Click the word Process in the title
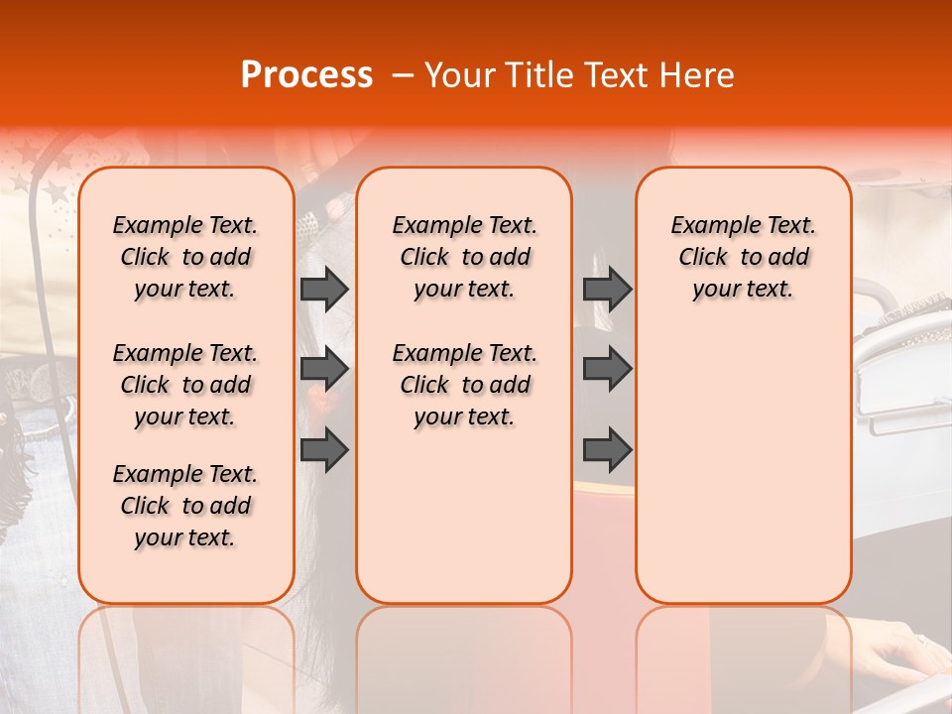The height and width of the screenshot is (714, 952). (x=306, y=75)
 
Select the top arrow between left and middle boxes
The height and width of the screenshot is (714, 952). (x=324, y=289)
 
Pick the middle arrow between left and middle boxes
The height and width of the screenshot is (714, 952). (x=324, y=369)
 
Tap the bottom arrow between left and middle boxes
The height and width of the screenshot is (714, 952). (x=324, y=449)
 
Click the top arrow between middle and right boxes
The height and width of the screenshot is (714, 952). (x=607, y=289)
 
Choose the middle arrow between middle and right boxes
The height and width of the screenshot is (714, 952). (x=607, y=369)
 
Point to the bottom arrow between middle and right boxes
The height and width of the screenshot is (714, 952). (x=607, y=449)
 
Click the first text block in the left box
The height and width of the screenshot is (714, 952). (x=185, y=257)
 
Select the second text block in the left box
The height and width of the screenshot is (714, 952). (x=185, y=385)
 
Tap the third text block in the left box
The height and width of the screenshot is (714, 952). (x=185, y=506)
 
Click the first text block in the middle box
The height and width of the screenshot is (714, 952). (x=464, y=257)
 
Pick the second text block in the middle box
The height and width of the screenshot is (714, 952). (x=464, y=385)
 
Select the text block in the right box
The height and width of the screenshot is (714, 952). (x=743, y=257)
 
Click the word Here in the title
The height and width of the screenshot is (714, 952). (x=699, y=75)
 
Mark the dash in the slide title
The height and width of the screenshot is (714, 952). (x=403, y=75)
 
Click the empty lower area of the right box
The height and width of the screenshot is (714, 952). (x=743, y=466)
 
